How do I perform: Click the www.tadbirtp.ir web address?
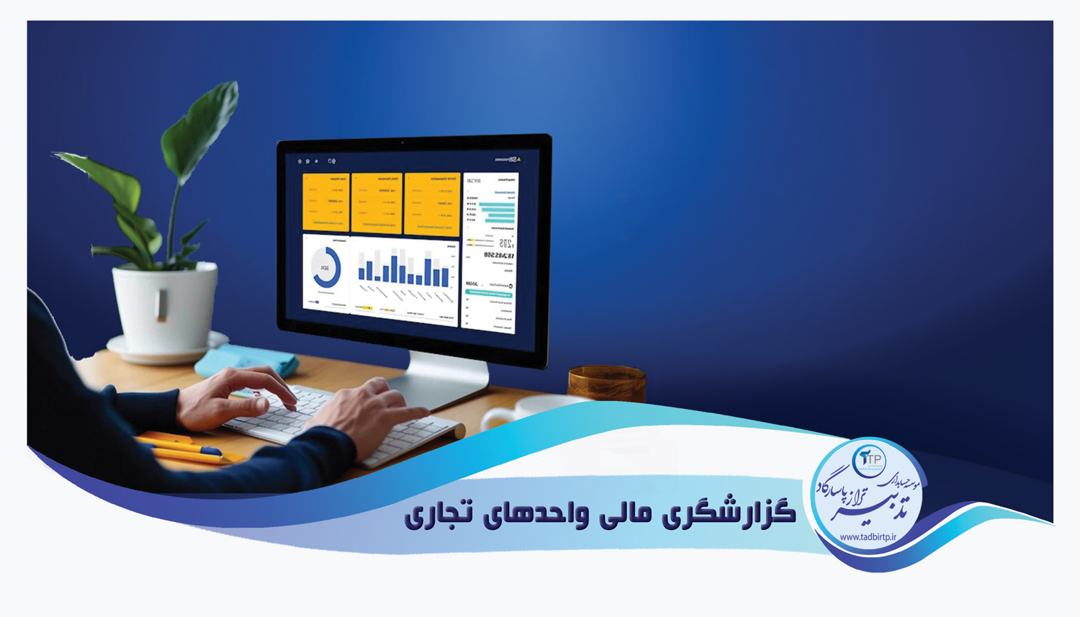[x=867, y=537]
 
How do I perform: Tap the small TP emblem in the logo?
[x=870, y=459]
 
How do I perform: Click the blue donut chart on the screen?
[x=326, y=269]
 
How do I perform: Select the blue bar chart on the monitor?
[x=404, y=269]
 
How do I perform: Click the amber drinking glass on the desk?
[x=606, y=384]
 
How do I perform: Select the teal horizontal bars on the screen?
[x=496, y=210]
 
